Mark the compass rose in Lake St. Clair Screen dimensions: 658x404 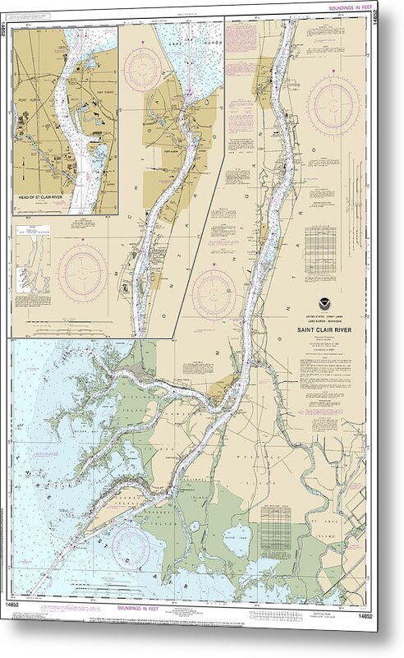pos(131,546)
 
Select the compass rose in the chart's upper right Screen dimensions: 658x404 pos(333,104)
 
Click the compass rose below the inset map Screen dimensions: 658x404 pos(82,274)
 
